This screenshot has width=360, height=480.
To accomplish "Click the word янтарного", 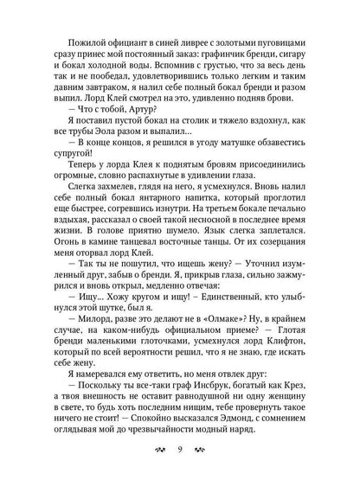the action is [x=169, y=223].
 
